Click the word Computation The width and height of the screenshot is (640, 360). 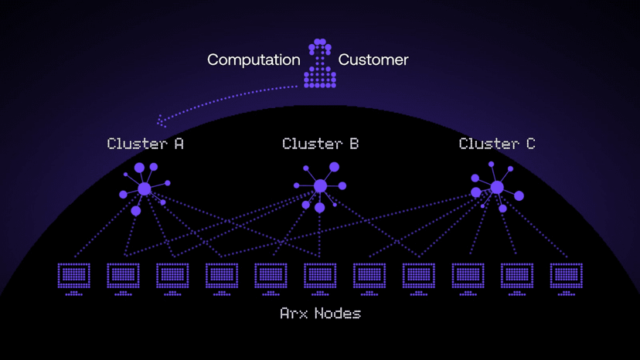[254, 59]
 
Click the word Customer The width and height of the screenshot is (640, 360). [373, 59]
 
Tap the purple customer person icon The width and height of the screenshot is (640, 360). [319, 63]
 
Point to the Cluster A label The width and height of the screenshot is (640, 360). [145, 144]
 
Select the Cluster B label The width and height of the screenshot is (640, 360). [320, 144]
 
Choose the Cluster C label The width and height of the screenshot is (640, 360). [496, 144]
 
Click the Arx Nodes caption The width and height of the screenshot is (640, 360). [320, 314]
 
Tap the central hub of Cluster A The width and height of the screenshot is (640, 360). [145, 188]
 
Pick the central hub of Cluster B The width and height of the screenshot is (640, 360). [320, 186]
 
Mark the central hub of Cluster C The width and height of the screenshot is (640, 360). [497, 187]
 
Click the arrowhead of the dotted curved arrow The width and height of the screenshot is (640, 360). [161, 121]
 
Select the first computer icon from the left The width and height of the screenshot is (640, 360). [74, 277]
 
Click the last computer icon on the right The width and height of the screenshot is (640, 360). [567, 277]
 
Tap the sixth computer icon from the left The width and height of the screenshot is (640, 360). [320, 277]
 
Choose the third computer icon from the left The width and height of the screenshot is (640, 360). [172, 277]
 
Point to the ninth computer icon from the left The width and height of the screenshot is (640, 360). [468, 277]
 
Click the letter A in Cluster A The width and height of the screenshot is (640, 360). [179, 144]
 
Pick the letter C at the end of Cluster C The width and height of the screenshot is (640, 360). [529, 144]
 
